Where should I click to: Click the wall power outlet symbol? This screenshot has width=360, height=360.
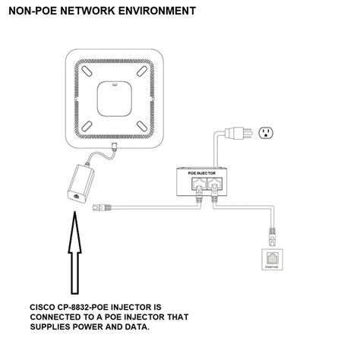266,133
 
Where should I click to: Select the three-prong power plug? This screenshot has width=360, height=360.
238,133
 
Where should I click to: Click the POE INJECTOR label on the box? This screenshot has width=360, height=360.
201,173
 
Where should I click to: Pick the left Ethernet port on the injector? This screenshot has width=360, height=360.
199,183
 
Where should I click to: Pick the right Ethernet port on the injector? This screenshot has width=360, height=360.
215,183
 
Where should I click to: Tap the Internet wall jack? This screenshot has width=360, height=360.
272,260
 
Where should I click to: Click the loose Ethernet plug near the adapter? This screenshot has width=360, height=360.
102,207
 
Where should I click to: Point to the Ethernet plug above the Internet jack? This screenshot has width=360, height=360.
272,237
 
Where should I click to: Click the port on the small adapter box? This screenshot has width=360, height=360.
76,196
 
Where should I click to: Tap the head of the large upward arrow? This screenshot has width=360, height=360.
74,232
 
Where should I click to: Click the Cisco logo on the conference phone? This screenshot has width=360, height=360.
115,85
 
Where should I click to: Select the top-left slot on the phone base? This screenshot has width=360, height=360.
87,71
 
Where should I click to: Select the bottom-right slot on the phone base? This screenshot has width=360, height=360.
142,126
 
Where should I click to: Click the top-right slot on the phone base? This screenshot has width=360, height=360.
142,71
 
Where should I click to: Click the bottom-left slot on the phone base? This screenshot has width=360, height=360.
87,126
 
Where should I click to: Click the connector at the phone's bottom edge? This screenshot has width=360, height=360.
115,147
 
